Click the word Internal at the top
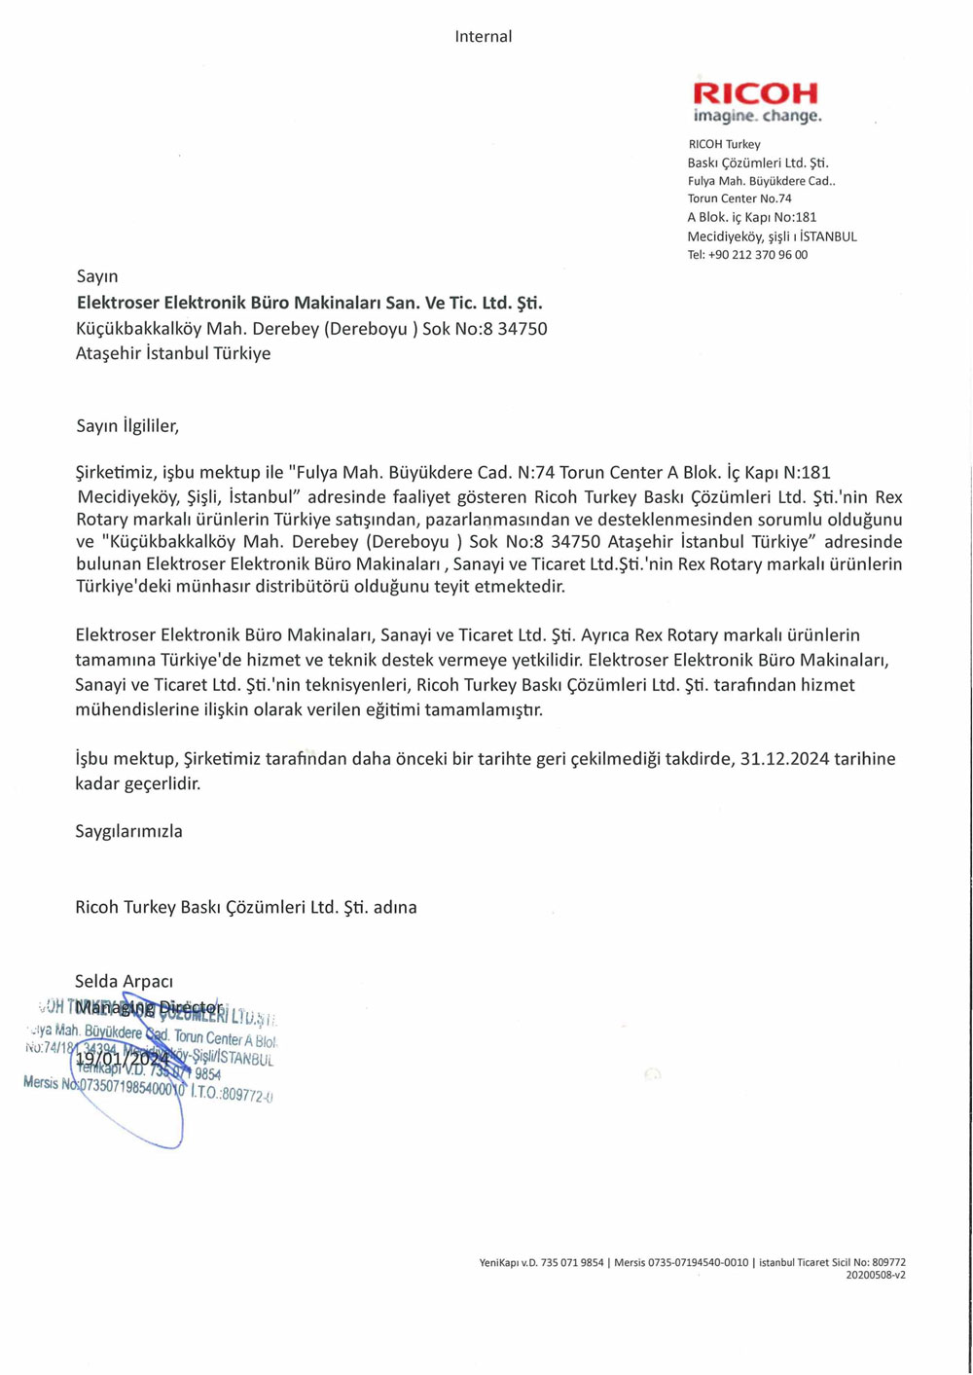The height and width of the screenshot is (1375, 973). tap(483, 36)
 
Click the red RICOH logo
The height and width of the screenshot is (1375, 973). tap(755, 93)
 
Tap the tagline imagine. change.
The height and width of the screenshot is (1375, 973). tap(757, 116)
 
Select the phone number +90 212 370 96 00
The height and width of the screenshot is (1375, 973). tap(758, 255)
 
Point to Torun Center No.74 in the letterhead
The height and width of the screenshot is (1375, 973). tap(739, 199)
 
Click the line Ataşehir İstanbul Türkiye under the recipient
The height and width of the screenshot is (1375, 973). tap(173, 353)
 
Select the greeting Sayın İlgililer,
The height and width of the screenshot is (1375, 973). tap(127, 425)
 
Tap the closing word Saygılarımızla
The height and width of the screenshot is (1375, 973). tap(128, 831)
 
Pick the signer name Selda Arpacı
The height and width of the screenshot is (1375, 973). tap(124, 981)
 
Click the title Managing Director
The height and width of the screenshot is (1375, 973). tap(148, 1006)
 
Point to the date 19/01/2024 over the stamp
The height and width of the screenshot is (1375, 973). tap(123, 1058)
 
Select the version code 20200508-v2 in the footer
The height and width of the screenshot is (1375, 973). tap(875, 1275)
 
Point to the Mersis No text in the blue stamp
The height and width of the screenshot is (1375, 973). tap(54, 1083)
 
